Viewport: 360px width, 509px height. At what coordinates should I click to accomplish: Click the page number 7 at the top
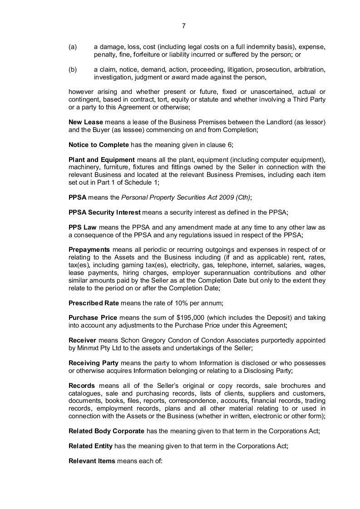click(183, 26)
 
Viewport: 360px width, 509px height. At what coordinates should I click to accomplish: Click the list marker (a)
click(73, 47)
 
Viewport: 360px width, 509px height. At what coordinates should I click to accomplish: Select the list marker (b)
click(73, 70)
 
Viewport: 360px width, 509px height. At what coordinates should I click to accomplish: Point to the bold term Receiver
click(82, 340)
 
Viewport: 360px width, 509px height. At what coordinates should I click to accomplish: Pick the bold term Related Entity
click(90, 446)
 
